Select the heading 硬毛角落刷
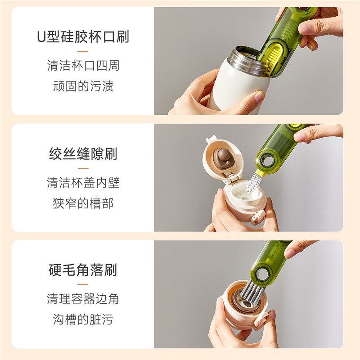(83, 270)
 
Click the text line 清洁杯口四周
(83, 66)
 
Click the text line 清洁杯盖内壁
(83, 182)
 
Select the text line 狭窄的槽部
(83, 203)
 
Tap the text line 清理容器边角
(83, 299)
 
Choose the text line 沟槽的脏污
(83, 319)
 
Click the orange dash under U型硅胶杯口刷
(83, 52)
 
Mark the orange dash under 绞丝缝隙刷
(83, 168)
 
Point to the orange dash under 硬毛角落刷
(83, 284)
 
